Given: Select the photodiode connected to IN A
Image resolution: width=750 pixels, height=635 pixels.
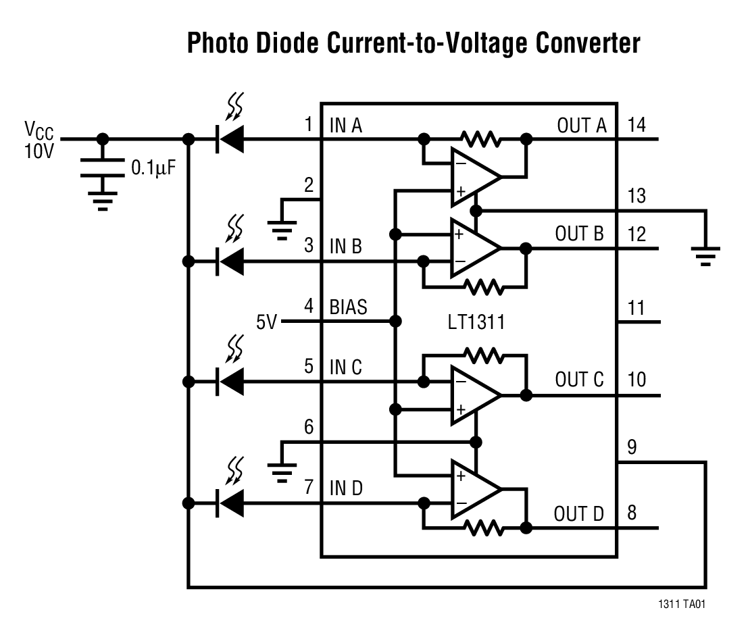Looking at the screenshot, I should pyautogui.click(x=230, y=140).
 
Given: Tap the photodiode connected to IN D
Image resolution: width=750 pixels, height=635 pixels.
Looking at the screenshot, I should pyautogui.click(x=230, y=503).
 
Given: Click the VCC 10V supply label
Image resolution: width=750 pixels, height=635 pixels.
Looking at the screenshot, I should pyautogui.click(x=39, y=138).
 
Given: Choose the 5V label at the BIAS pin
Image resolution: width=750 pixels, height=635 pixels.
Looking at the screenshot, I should pyautogui.click(x=268, y=322).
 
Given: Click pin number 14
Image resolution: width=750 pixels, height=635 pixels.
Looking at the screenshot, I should pyautogui.click(x=636, y=124).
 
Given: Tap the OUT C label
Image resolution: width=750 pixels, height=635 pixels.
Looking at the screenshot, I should pyautogui.click(x=579, y=380).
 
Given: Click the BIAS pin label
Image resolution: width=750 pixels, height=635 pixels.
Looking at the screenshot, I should pyautogui.click(x=348, y=307).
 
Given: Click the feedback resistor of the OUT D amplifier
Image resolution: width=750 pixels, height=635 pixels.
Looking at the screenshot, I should pyautogui.click(x=481, y=528).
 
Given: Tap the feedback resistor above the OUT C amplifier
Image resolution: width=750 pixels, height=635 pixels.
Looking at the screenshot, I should pyautogui.click(x=481, y=355).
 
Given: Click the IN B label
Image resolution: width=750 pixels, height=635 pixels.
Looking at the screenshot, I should pyautogui.click(x=345, y=246).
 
